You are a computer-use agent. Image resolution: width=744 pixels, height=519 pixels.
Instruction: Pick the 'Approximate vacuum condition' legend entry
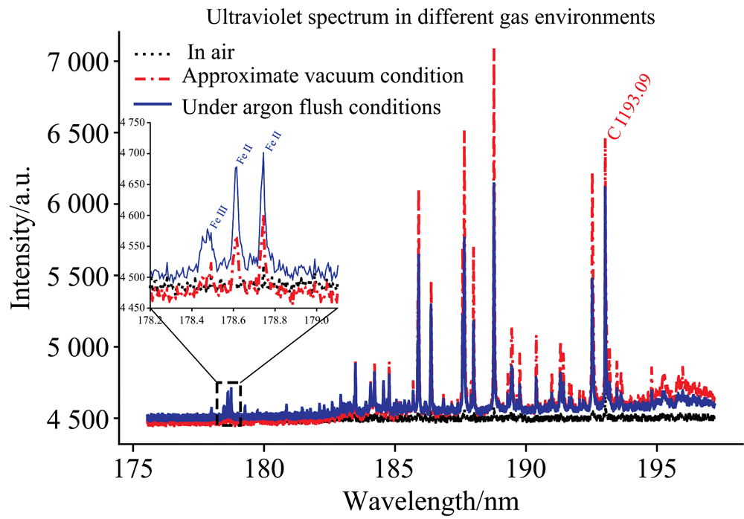click(x=322, y=76)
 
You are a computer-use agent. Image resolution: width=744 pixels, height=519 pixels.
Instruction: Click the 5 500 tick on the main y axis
click(x=76, y=276)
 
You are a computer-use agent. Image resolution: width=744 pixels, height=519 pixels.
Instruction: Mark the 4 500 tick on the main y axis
click(x=76, y=419)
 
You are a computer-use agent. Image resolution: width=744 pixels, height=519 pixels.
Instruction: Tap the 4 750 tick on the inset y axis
click(x=135, y=123)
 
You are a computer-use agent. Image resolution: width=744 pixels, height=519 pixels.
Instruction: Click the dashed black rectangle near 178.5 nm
click(x=228, y=404)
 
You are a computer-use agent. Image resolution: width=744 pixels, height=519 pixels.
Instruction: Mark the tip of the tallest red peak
click(x=494, y=49)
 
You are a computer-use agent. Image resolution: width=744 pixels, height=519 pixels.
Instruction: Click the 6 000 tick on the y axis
click(x=76, y=204)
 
